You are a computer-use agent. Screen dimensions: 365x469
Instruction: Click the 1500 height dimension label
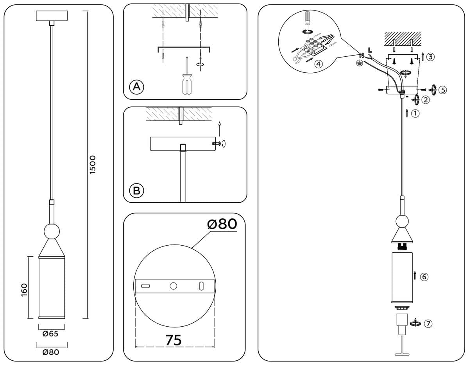pos(93,165)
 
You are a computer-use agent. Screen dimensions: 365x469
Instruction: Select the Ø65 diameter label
pos(51,334)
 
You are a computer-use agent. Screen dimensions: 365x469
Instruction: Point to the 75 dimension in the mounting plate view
pos(173,340)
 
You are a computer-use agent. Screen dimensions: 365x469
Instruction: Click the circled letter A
pos(136,86)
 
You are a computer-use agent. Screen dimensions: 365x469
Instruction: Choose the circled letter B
pos(136,191)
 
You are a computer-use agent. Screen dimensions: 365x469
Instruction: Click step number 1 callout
pos(415,113)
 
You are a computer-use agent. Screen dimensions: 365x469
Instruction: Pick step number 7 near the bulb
pos(428,324)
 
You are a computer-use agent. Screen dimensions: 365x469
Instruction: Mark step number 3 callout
pos(430,57)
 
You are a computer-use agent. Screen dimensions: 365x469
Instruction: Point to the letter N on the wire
pos(362,55)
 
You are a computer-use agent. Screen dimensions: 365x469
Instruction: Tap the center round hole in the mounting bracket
pos(173,286)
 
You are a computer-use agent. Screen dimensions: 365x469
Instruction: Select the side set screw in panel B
pos(217,144)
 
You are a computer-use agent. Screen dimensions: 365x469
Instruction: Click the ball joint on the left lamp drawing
pos(52,231)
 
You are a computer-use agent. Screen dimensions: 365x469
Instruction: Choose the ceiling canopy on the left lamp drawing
pos(52,16)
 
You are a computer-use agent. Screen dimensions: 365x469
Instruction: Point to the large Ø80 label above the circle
pos(222,224)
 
